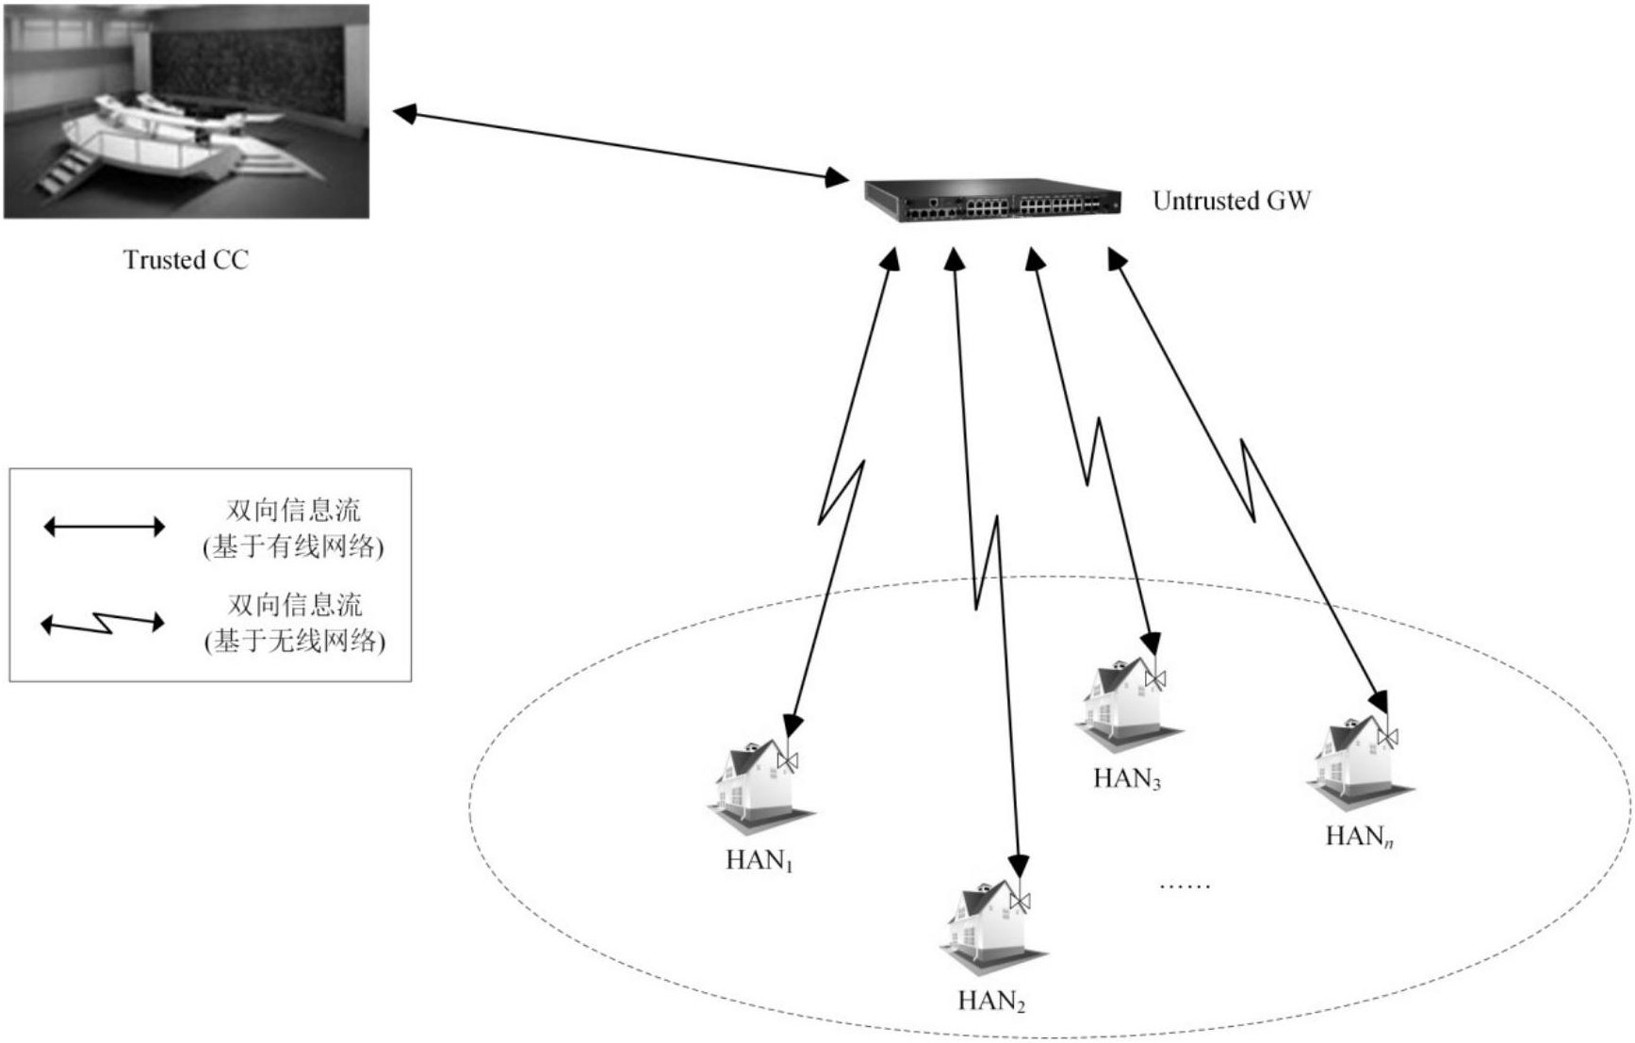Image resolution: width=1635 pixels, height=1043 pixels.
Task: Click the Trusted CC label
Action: (x=186, y=260)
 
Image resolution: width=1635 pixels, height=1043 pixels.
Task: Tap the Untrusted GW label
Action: (x=1232, y=201)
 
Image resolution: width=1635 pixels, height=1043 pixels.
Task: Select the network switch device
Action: (x=993, y=200)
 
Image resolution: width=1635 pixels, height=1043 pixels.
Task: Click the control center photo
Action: (x=187, y=111)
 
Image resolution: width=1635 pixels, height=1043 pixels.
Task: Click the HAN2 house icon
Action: (x=993, y=928)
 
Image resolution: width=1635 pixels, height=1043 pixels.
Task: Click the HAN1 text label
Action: (x=760, y=860)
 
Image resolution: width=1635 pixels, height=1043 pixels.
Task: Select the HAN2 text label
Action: (x=991, y=1001)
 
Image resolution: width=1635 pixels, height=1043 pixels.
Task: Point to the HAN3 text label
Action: (x=1127, y=779)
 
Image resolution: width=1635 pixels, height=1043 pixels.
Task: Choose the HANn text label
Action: (x=1359, y=837)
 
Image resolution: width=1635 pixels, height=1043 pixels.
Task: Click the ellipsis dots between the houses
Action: (x=1185, y=886)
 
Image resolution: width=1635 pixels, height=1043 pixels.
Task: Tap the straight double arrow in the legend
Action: (x=105, y=527)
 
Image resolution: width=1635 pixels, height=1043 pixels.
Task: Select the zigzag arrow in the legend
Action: (x=103, y=623)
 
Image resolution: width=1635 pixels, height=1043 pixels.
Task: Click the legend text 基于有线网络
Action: (x=294, y=547)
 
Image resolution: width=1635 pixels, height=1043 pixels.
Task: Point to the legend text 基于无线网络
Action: (x=295, y=642)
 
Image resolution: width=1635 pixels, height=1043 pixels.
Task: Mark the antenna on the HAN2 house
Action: (x=1020, y=900)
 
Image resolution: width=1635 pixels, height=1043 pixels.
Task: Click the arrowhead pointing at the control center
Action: (x=404, y=114)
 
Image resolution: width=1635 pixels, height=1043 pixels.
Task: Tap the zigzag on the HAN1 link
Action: (x=841, y=493)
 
